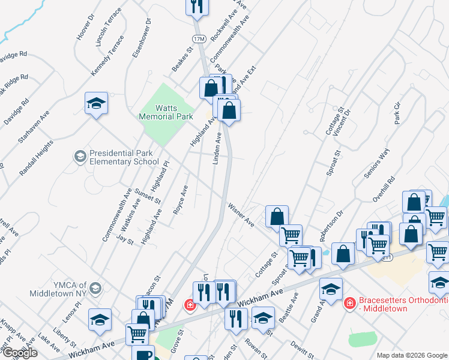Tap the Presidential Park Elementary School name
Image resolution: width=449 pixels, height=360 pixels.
pos(124,157)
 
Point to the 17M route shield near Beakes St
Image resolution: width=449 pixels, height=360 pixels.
pos(199,39)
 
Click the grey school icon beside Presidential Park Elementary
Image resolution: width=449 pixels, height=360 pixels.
pos(79,157)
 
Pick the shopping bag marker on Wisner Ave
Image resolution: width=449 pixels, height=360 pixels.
pos(277,216)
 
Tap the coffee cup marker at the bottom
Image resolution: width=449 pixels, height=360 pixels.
pos(143,354)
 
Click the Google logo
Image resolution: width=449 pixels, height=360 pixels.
pos(19,353)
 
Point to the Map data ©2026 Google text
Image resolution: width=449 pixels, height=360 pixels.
pos(412,355)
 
